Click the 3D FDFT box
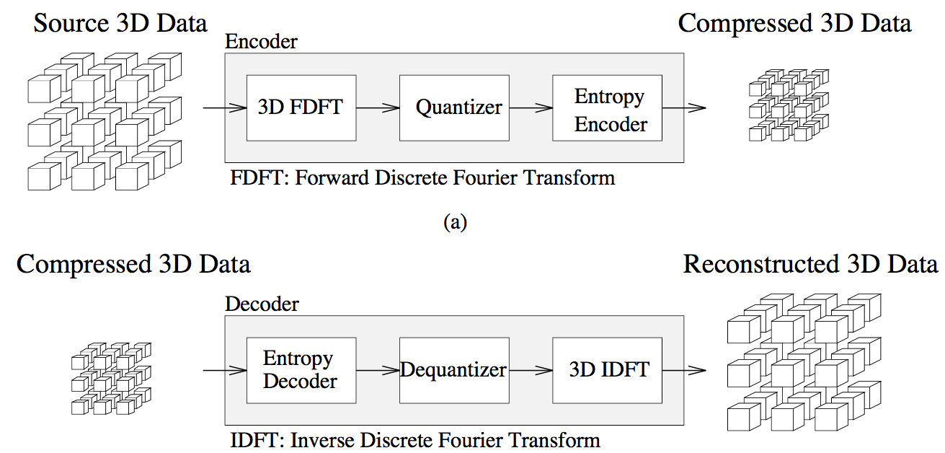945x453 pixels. (x=301, y=108)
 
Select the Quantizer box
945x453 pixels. (x=454, y=108)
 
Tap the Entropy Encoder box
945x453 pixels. (x=607, y=108)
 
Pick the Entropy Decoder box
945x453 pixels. (x=301, y=370)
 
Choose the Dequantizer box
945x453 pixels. (x=454, y=370)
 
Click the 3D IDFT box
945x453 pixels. (x=607, y=370)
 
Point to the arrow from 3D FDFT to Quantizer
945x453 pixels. (x=378, y=108)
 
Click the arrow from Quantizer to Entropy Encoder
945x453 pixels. (x=531, y=108)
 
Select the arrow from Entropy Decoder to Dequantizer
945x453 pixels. (x=378, y=371)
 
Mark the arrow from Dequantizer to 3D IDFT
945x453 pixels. (x=531, y=371)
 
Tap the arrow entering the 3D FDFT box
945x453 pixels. (x=224, y=108)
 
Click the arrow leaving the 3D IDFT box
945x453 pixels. (x=683, y=371)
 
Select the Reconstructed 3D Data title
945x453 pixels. (x=810, y=264)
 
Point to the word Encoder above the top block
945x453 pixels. (x=261, y=42)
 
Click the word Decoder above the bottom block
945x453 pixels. (x=262, y=304)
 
